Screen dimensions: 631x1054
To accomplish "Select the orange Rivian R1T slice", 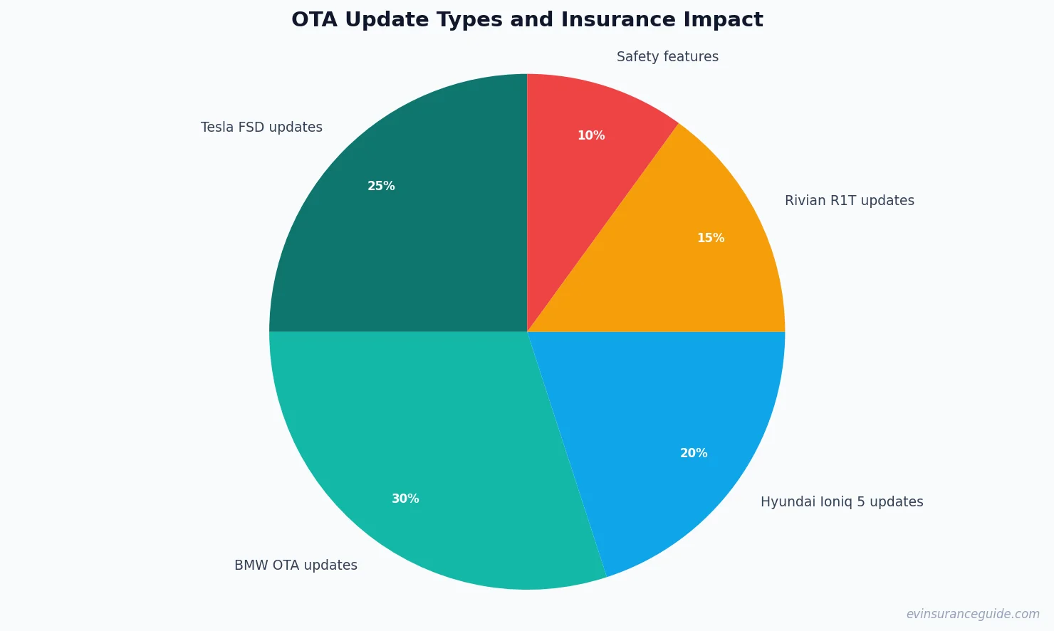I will click(x=684, y=264).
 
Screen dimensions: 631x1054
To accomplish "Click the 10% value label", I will click(x=591, y=135).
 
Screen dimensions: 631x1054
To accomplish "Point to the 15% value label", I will click(x=711, y=238).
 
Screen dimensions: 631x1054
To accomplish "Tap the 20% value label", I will click(x=694, y=453).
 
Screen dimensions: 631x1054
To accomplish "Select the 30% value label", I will click(x=405, y=499).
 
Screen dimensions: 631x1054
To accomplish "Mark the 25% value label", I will click(x=381, y=186).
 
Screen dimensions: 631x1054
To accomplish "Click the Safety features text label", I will click(x=667, y=57).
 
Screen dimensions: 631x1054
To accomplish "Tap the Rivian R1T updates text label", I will click(x=849, y=201).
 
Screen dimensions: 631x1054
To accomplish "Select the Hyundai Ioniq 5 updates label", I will click(x=842, y=502).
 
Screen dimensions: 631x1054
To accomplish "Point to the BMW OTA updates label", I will click(x=296, y=565).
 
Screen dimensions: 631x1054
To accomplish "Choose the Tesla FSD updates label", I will click(x=261, y=127).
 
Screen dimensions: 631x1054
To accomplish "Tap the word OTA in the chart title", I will click(x=314, y=20).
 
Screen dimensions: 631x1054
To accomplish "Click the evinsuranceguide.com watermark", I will click(x=973, y=614).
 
